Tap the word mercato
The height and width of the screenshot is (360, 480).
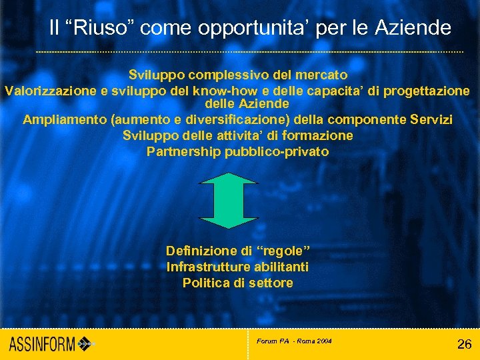322,75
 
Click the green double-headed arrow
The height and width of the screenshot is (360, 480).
229,200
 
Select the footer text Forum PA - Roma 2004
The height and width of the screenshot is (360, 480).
294,341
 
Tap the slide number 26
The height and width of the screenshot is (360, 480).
464,344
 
